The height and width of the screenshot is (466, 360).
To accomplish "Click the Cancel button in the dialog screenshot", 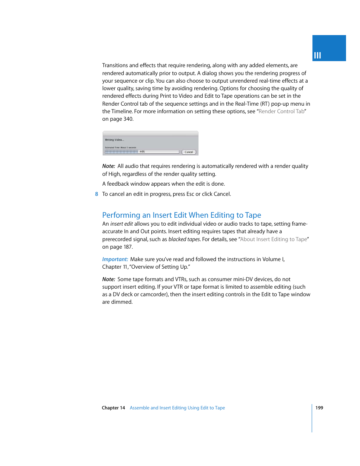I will [189, 152].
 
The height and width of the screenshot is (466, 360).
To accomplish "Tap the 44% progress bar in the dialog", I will [142, 152].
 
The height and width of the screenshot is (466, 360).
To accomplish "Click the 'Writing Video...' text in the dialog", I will [114, 140].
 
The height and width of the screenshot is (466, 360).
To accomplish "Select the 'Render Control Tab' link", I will [282, 111].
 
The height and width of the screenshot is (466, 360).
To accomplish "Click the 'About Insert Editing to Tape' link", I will [274, 239].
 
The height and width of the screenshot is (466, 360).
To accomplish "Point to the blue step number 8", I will [97, 194].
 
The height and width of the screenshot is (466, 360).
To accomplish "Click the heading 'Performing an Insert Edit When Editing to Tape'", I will [182, 215].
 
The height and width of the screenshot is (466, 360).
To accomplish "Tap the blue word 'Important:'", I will [115, 259].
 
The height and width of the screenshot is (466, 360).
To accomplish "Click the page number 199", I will [319, 408].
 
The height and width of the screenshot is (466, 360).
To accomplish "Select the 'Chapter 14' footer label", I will [113, 408].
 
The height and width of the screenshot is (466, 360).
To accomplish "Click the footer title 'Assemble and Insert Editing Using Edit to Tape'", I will [177, 408].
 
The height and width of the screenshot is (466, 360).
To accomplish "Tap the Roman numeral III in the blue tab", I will [317, 55].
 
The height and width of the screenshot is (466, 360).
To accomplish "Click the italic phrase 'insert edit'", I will [122, 224].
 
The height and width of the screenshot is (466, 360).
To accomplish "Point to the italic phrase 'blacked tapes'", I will [184, 239].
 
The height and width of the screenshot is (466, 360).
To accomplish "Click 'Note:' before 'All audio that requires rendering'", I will [109, 166].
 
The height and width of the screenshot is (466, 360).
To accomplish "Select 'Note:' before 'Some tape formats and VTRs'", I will [109, 279].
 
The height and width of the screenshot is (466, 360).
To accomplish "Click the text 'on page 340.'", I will [118, 119].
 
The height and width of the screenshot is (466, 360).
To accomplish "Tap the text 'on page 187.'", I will [117, 247].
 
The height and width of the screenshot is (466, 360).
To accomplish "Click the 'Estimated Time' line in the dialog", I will [120, 148].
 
